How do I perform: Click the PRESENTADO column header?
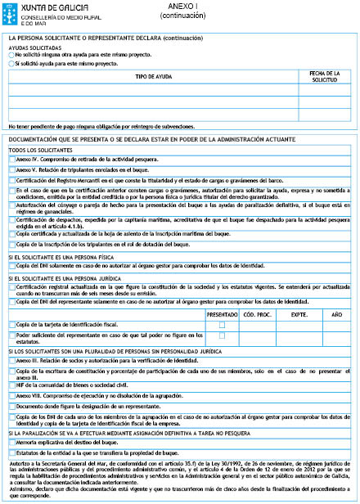click(222, 313)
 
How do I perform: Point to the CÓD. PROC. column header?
click(257, 313)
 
